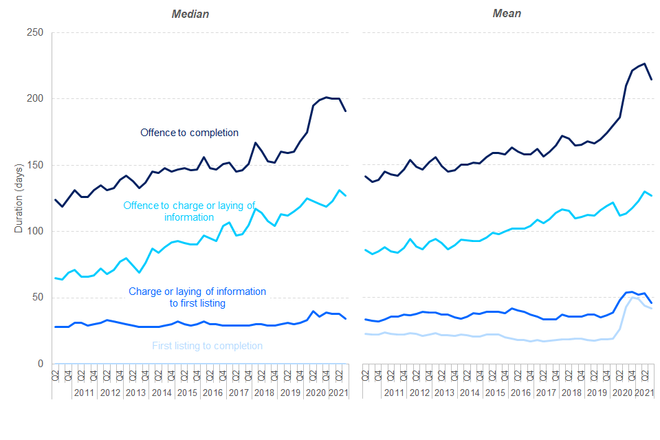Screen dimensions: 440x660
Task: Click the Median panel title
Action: [190, 14]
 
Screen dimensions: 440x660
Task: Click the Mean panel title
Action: [507, 14]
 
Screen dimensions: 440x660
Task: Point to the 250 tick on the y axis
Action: [35, 32]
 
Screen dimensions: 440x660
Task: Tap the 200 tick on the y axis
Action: [35, 99]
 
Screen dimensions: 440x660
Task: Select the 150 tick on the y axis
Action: [35, 165]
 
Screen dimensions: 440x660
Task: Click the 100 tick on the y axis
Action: [35, 232]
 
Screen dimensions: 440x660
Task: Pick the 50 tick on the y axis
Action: [38, 298]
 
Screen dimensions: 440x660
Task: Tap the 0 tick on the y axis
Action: [40, 364]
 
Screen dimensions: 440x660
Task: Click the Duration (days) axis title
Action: [19, 197]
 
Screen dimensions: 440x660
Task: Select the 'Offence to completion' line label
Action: [189, 132]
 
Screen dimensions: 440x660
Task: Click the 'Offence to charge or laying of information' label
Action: [189, 211]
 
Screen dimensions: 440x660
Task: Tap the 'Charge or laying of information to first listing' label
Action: [197, 297]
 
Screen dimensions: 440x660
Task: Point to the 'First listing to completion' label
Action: [207, 346]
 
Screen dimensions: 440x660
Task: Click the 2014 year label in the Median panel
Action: [161, 393]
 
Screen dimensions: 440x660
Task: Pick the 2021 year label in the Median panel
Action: [338, 393]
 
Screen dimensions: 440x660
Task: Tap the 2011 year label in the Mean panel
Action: [394, 393]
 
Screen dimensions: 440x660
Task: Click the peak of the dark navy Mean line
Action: [644, 63]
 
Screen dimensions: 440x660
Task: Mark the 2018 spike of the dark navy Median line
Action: [255, 143]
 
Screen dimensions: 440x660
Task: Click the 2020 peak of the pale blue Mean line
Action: [632, 316]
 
